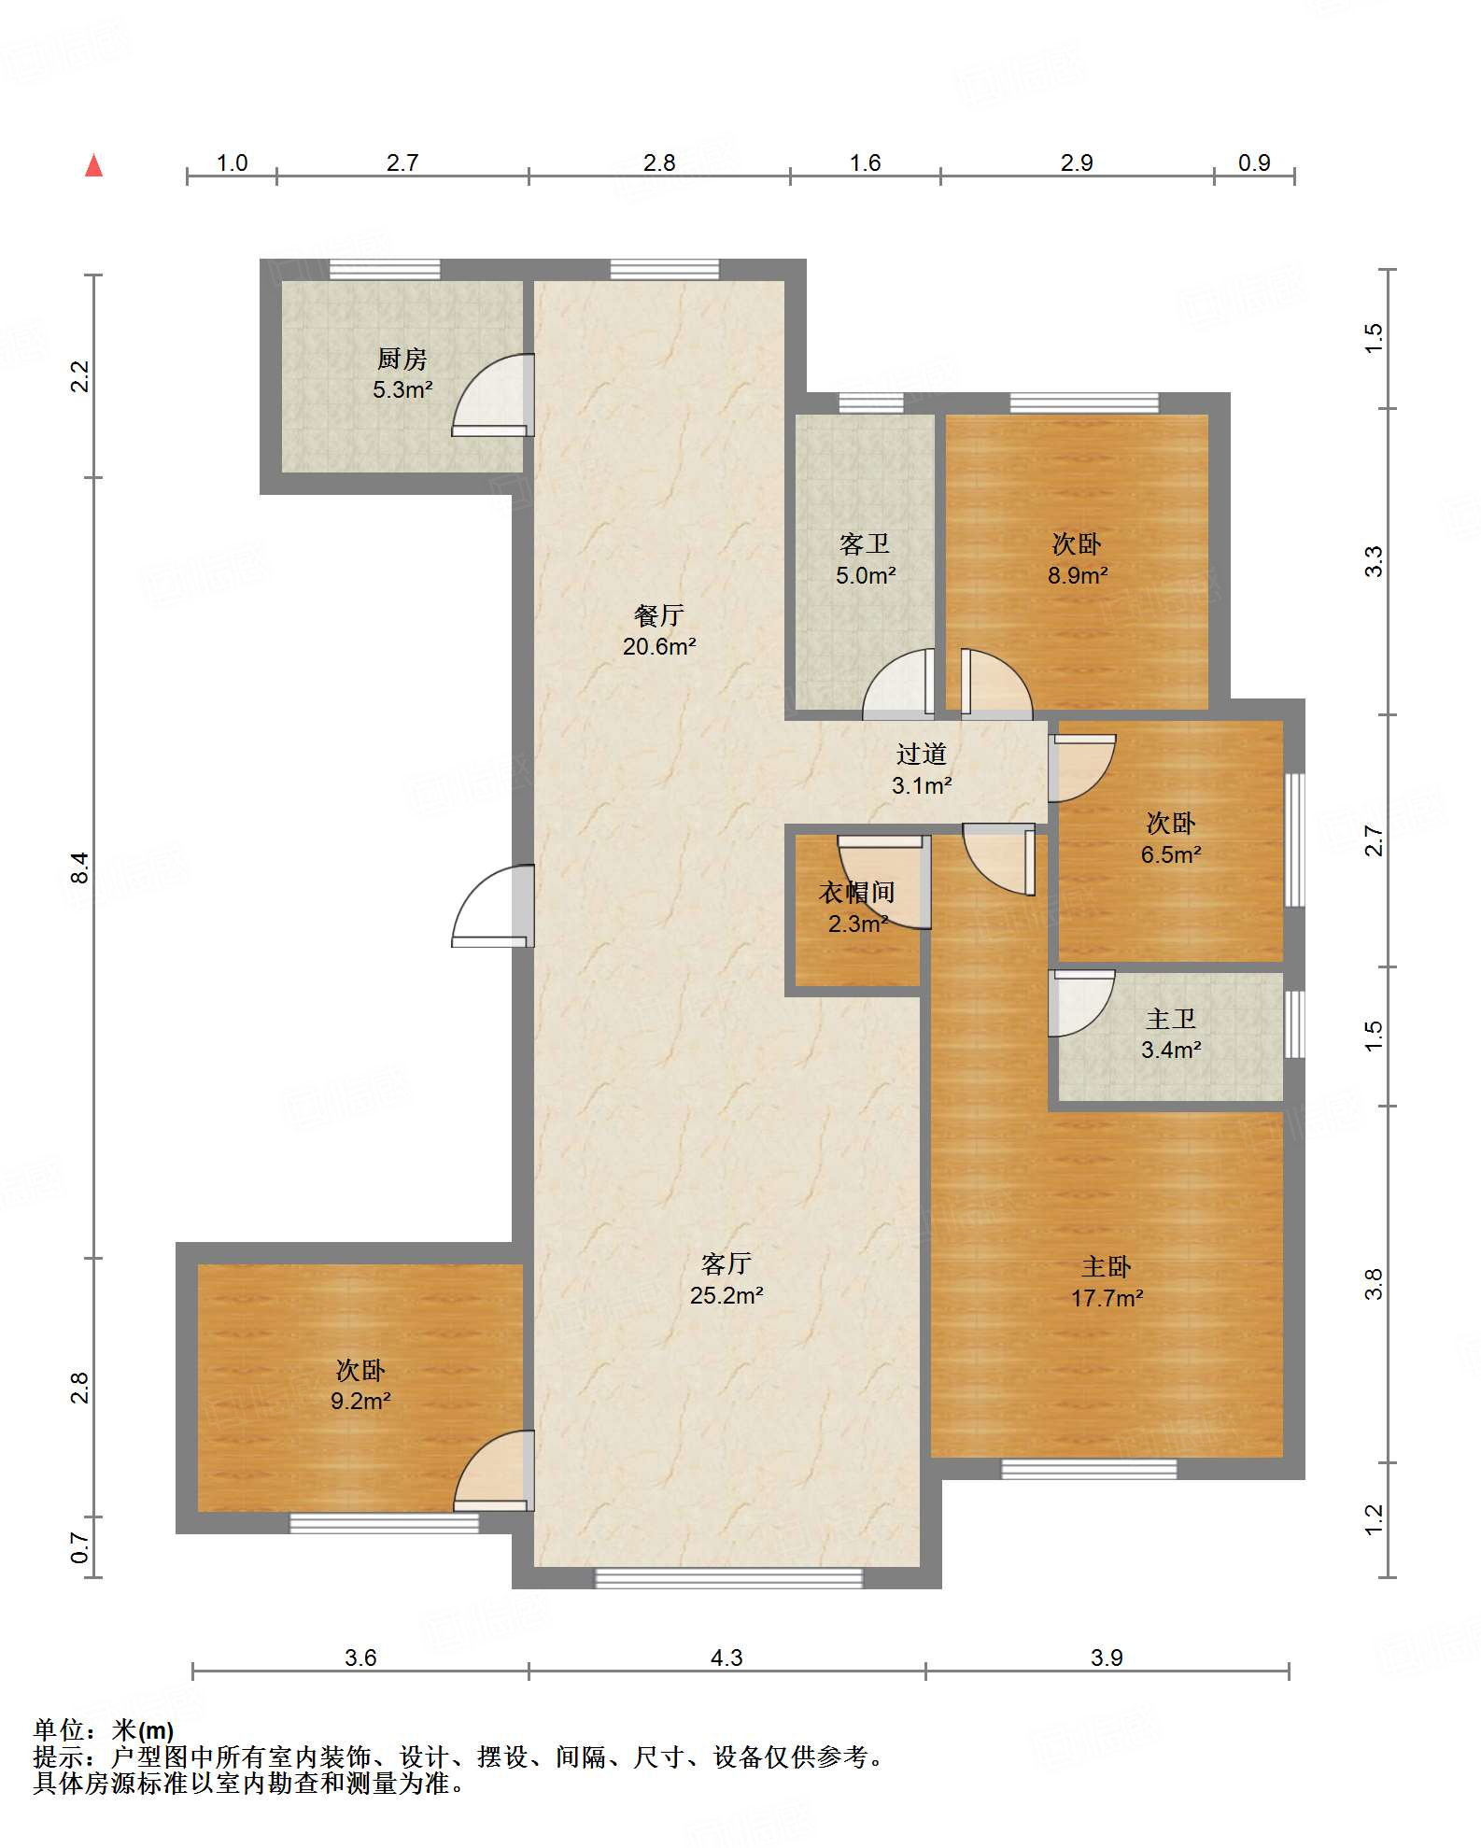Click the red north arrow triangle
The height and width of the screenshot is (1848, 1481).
(x=93, y=165)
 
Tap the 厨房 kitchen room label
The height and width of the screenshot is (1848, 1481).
(x=402, y=359)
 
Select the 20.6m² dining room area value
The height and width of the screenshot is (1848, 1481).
(x=659, y=646)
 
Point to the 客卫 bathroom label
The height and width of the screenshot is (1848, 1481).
(x=865, y=543)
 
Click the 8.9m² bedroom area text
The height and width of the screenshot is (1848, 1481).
(x=1077, y=575)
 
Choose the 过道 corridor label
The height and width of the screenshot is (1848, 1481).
(x=922, y=754)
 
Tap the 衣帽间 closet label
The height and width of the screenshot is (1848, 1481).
(x=857, y=893)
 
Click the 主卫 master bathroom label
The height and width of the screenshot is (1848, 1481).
(x=1171, y=1019)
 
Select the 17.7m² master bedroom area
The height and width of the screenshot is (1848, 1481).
(x=1107, y=1298)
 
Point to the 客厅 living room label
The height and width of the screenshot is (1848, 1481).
(x=726, y=1263)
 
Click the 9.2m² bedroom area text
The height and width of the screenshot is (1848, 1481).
(x=360, y=1401)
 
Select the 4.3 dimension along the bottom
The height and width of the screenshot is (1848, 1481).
(x=726, y=1658)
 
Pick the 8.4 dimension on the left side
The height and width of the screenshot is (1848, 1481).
(x=80, y=868)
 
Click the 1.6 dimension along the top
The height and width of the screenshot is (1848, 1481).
(x=865, y=163)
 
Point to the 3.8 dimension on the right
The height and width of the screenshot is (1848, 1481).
(x=1373, y=1284)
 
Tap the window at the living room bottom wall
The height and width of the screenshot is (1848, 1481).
(x=728, y=1578)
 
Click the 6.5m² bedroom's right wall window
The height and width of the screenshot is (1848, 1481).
(x=1294, y=839)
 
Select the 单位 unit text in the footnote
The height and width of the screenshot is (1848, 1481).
(x=59, y=1730)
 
